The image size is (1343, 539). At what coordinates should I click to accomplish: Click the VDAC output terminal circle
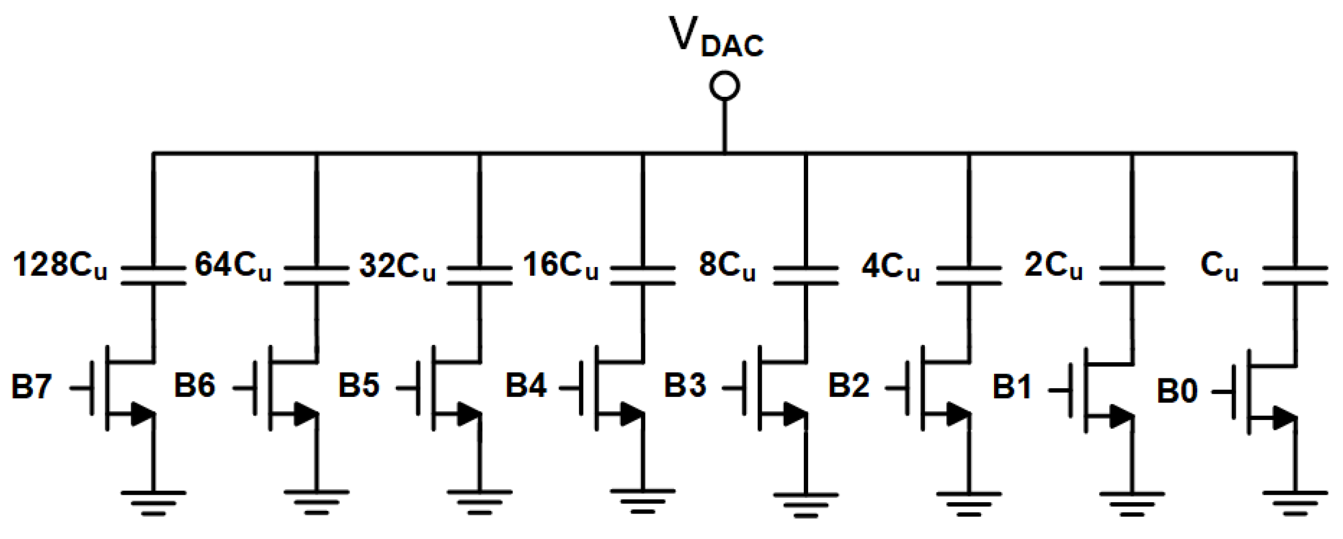coord(724,86)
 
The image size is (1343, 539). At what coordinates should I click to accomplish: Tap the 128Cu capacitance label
coord(59,265)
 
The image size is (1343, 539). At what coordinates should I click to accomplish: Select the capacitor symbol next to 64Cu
coord(317,275)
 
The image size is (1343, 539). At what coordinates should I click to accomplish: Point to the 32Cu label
coord(397,266)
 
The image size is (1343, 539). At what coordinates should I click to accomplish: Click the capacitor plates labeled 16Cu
coord(643,275)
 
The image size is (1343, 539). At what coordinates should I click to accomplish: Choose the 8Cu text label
coord(727,265)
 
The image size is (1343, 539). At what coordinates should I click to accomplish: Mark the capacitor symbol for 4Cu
coord(969,275)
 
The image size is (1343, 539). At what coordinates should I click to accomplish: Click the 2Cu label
coord(1053,265)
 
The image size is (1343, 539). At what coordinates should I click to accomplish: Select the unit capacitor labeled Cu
coord(1295,275)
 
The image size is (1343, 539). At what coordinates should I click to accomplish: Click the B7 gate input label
coord(31,387)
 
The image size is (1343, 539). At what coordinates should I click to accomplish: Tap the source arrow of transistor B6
coord(305,414)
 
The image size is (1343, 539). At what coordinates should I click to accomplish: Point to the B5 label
coord(359,385)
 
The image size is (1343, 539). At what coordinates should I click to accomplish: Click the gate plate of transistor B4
coord(581,388)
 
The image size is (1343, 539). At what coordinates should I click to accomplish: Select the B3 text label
coord(685,386)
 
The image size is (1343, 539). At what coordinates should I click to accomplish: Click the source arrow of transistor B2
coord(957,414)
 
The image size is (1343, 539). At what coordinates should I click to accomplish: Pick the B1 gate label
coord(1012,387)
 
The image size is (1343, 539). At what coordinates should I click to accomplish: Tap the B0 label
coord(1177,391)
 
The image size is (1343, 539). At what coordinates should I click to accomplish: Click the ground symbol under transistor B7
coord(153,502)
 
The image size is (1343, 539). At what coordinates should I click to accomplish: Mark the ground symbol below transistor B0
coord(1295,502)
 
